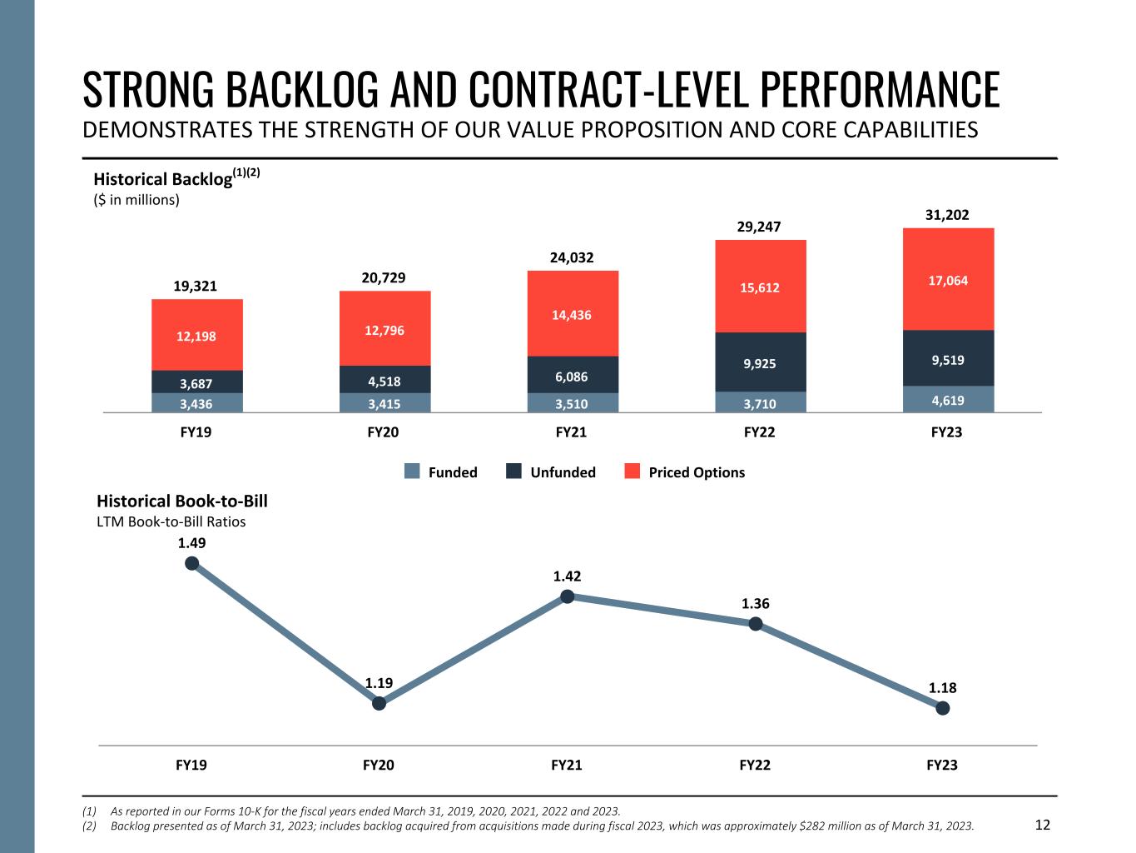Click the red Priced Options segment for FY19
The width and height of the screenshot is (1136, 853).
pyautogui.click(x=197, y=335)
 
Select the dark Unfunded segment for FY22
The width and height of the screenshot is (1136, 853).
pyautogui.click(x=761, y=362)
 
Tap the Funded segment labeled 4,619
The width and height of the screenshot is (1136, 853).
pyautogui.click(x=948, y=399)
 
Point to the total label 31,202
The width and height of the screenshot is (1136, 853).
pyautogui.click(x=947, y=215)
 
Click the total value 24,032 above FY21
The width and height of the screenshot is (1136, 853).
pyautogui.click(x=572, y=257)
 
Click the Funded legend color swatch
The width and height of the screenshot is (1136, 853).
pyautogui.click(x=412, y=472)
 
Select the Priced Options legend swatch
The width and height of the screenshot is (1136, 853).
pyautogui.click(x=632, y=472)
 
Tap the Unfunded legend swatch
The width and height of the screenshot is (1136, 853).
pyautogui.click(x=514, y=472)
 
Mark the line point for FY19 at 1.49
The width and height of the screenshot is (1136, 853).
pyautogui.click(x=191, y=563)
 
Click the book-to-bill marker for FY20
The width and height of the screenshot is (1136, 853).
pyautogui.click(x=379, y=703)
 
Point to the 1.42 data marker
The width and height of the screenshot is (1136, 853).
pyautogui.click(x=567, y=596)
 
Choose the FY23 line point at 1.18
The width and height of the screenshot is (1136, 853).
pyautogui.click(x=942, y=708)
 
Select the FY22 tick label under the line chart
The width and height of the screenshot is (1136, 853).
pyautogui.click(x=755, y=765)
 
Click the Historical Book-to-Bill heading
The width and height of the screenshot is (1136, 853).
pyautogui.click(x=182, y=501)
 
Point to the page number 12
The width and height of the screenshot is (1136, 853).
pyautogui.click(x=1043, y=825)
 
